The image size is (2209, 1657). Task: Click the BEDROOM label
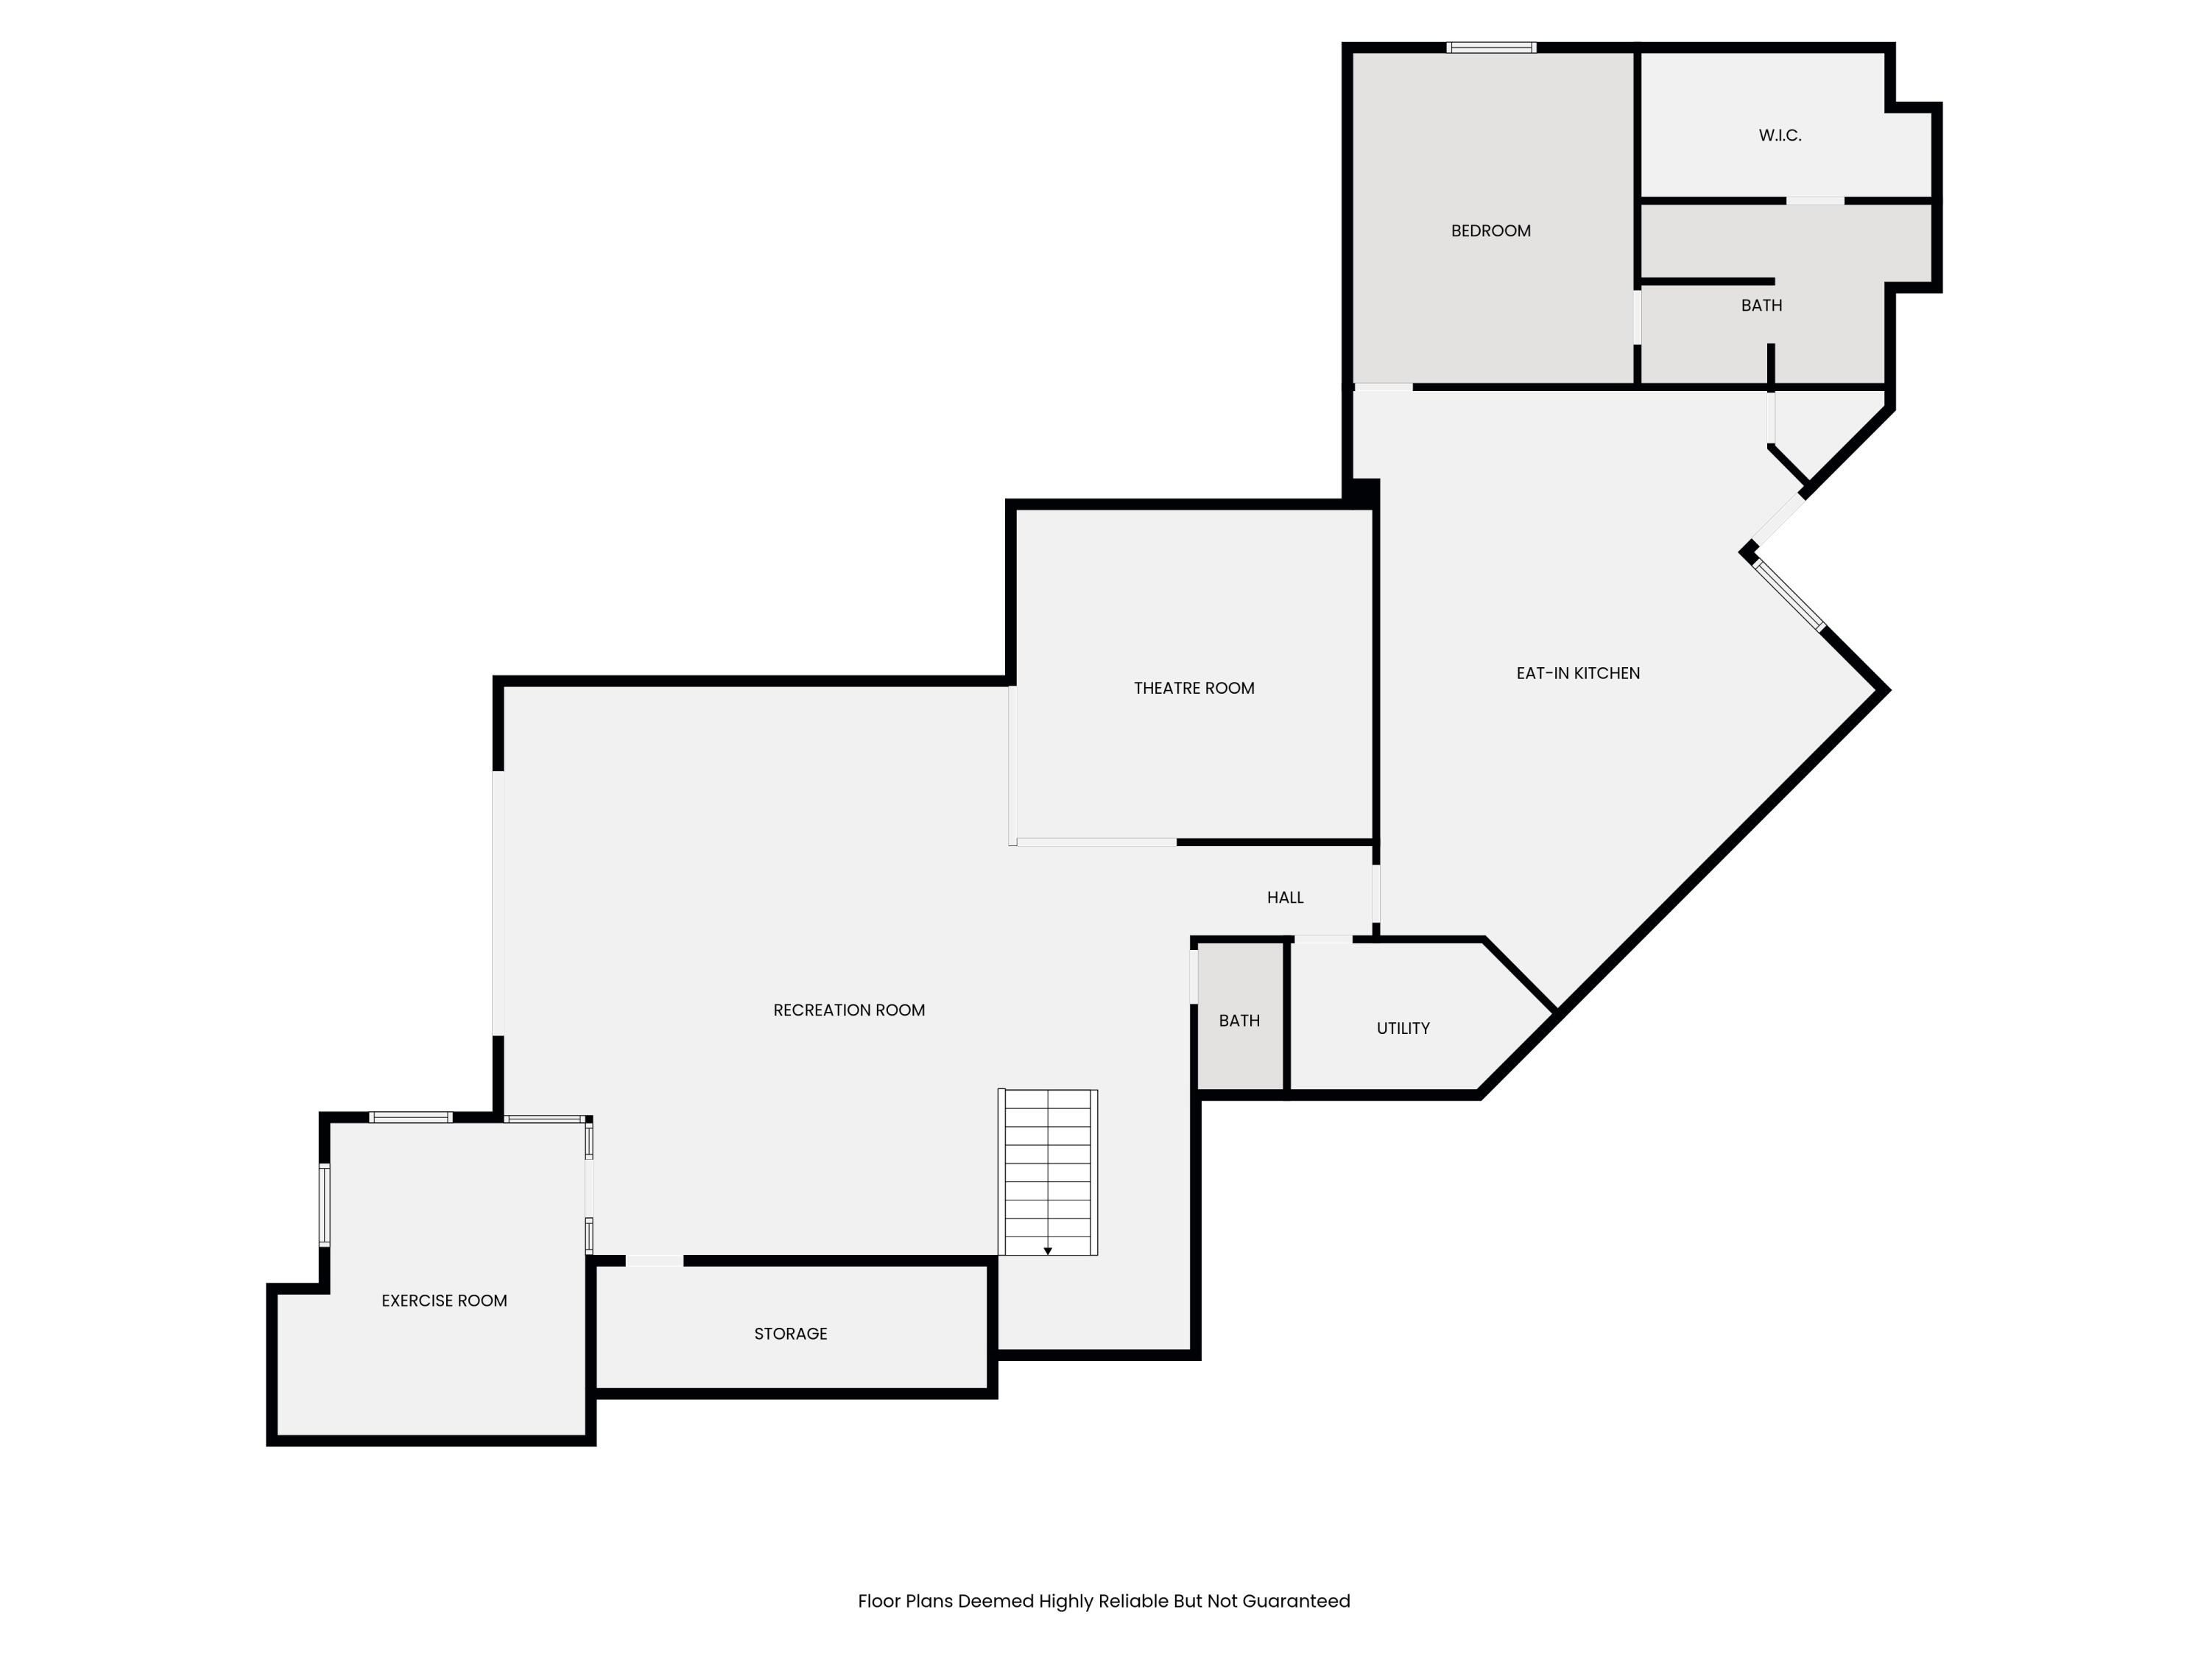(1490, 231)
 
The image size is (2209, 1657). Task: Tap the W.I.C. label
(1780, 135)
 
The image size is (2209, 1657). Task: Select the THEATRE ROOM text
(1194, 688)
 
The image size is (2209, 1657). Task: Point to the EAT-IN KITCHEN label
(1578, 673)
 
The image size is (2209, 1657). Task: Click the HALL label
(1285, 897)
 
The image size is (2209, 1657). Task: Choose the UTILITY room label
(1403, 1028)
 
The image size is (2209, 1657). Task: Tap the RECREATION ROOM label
(849, 1010)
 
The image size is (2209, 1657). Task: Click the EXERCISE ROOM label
(445, 1301)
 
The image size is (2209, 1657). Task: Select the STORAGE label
(790, 1334)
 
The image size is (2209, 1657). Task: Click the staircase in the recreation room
(1048, 1172)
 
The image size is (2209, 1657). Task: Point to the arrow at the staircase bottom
(1048, 1250)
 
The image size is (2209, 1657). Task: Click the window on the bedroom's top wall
(1491, 47)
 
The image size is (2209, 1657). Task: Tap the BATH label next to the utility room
(1239, 1021)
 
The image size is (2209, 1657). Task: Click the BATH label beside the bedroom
(1761, 306)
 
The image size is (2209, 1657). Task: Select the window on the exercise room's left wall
(325, 1205)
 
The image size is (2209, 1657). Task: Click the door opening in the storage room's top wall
(654, 1261)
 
